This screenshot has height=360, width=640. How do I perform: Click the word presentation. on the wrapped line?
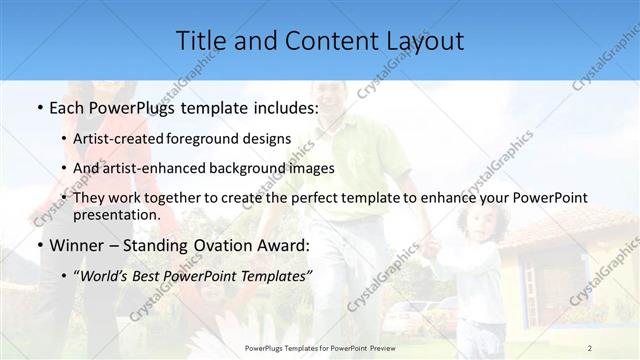(x=117, y=214)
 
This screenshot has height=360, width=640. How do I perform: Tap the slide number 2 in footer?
(x=590, y=347)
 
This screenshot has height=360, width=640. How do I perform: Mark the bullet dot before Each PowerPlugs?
(x=38, y=108)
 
